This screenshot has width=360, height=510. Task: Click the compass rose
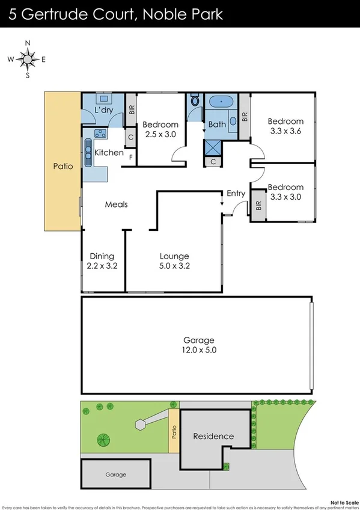pos(28,59)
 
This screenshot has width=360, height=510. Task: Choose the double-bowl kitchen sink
pos(88,148)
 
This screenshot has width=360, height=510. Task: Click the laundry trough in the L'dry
pos(103,99)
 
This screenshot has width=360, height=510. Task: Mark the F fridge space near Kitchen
pos(130,158)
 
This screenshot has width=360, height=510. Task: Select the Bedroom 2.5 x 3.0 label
pos(160,129)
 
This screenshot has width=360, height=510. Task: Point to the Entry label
pos(236,193)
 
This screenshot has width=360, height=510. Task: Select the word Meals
pos(116,204)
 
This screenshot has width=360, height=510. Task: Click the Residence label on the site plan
pos(213,436)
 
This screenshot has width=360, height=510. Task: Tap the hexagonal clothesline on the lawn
pos(141,425)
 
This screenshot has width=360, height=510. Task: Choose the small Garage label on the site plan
pos(116,475)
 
